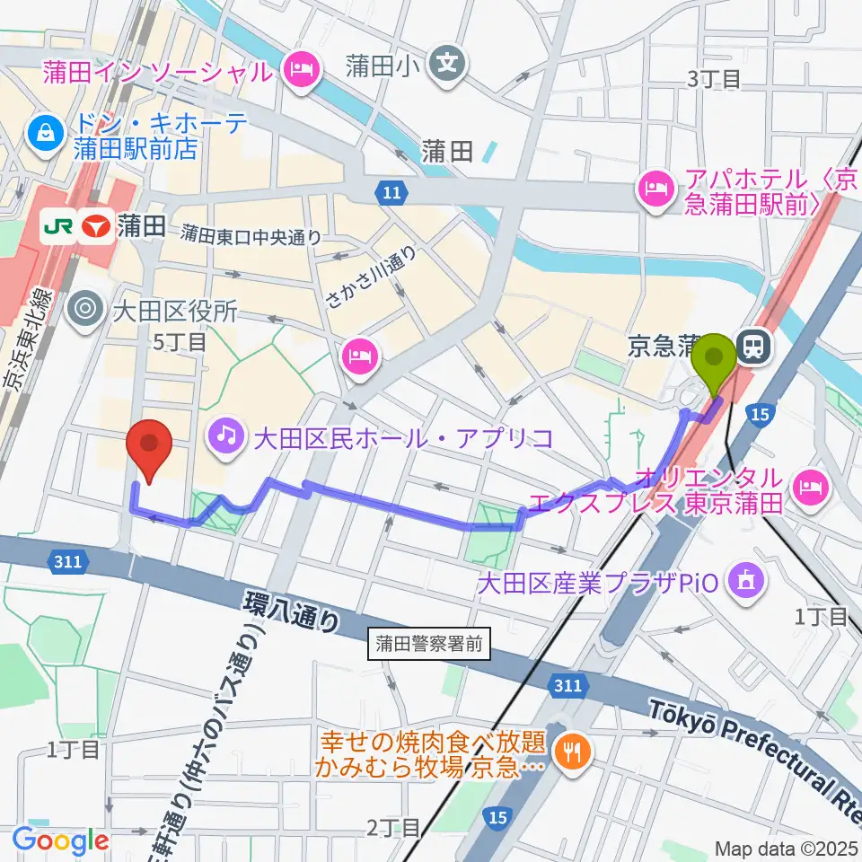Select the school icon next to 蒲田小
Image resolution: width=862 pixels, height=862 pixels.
tap(447, 63)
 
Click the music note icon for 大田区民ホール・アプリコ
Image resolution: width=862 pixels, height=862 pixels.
tap(224, 437)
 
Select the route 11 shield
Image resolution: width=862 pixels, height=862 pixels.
tap(391, 191)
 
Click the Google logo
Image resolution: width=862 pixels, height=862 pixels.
tap(60, 840)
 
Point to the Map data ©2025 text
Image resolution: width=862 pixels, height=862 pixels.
tap(787, 848)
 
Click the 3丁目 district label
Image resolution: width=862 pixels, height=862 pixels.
tap(714, 79)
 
